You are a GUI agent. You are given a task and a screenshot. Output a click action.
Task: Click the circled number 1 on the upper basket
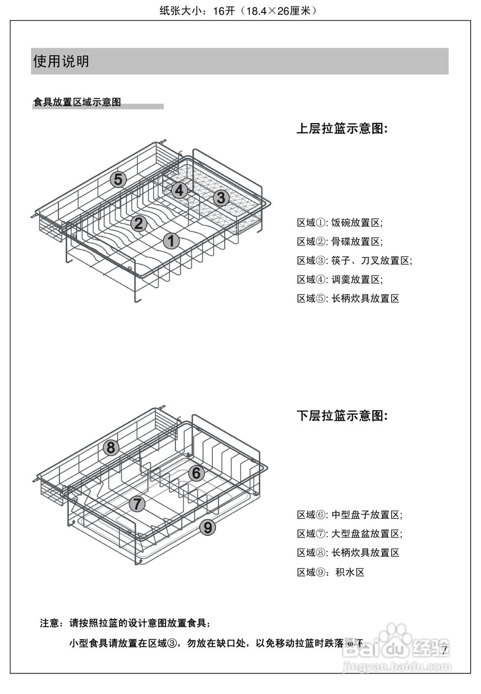172,241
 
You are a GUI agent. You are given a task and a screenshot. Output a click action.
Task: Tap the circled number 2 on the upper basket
138,223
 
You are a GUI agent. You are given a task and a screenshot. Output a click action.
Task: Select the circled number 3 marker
220,198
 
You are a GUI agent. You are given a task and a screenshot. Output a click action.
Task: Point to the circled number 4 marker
180,190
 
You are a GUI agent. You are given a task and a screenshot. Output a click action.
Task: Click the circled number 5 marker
118,179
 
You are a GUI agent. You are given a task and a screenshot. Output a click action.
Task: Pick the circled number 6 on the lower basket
197,473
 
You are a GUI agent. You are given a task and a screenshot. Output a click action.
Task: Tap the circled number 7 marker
137,504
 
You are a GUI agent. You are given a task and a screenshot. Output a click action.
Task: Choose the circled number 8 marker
111,448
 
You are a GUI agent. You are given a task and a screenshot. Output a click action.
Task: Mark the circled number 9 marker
207,526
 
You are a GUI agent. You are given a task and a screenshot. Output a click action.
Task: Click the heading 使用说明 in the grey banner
61,61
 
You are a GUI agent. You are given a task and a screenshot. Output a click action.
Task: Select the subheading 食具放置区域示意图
77,102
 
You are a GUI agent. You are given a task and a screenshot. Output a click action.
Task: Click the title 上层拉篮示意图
343,129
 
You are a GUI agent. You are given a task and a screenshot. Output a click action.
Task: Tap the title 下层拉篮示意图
343,416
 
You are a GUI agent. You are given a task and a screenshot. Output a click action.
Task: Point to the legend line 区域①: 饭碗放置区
340,223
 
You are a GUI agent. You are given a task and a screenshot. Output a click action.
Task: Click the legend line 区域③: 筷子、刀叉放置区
355,261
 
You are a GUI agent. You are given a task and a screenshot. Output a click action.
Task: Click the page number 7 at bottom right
444,650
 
